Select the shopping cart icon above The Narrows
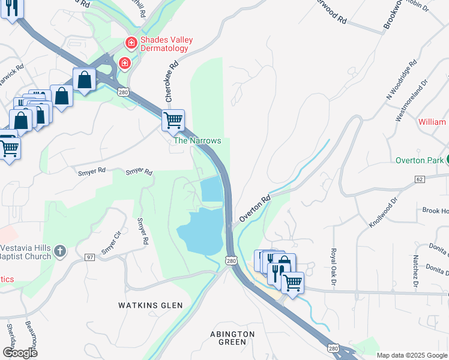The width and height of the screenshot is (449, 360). point(173,119)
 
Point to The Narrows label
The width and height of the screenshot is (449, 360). point(197,140)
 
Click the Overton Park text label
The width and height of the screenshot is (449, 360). point(418,160)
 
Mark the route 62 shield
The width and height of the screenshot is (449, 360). point(419,179)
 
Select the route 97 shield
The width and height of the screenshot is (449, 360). point(89,257)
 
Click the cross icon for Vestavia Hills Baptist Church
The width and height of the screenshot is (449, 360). point(59,251)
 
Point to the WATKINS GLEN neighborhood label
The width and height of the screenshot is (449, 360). point(150,305)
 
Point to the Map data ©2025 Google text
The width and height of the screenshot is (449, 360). point(411,355)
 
